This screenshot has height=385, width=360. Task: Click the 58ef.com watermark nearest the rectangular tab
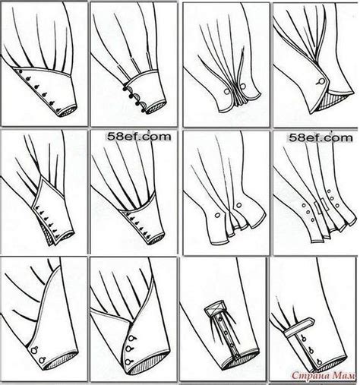(x=321, y=138)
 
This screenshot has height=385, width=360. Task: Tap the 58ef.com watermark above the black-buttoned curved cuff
(x=139, y=137)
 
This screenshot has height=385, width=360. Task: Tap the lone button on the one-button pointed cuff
(x=321, y=82)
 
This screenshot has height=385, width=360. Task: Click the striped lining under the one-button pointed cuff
(x=330, y=101)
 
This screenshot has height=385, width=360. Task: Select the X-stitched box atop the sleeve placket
(x=215, y=307)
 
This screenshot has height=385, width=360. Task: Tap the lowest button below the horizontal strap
(x=320, y=363)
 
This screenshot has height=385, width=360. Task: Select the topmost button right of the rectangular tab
(x=329, y=191)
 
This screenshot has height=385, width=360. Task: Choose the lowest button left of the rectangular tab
(x=312, y=219)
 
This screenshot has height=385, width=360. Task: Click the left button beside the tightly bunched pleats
(x=227, y=91)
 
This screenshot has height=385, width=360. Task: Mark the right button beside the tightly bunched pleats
(x=243, y=87)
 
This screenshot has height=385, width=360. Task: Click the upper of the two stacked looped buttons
(x=34, y=350)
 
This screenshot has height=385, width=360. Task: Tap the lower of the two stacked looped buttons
(x=42, y=360)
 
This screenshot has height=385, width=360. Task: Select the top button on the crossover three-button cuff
(x=131, y=339)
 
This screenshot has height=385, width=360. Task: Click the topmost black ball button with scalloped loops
(x=125, y=89)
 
